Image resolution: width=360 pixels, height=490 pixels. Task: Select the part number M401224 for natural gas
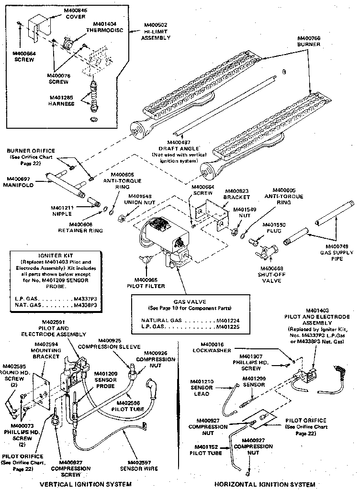227,320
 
